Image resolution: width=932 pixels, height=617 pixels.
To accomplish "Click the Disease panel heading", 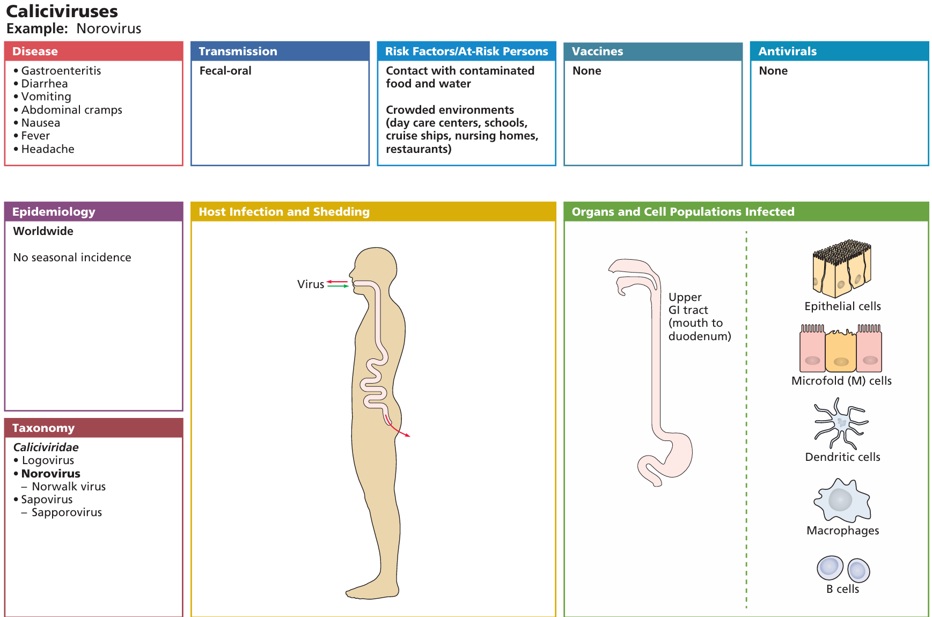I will tap(35, 52).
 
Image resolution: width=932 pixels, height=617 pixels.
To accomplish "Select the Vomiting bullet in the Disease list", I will tap(46, 97).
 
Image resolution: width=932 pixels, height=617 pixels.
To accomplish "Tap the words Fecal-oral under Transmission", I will tap(225, 71).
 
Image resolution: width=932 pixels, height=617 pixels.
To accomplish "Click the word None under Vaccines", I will tap(586, 71).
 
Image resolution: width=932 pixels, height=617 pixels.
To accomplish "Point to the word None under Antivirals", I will tap(773, 71).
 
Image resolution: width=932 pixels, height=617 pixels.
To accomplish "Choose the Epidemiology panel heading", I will tap(54, 212).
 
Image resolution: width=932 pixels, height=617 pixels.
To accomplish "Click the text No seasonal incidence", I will tap(72, 258).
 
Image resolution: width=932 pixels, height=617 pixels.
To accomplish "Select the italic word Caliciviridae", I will tap(46, 447).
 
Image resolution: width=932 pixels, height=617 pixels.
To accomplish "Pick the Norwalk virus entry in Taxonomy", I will tap(69, 487).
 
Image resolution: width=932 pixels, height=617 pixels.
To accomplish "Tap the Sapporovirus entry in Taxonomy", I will tap(67, 512).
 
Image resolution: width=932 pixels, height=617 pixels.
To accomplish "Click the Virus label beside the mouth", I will tap(311, 284).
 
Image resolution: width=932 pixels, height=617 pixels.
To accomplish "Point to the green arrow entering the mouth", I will tap(338, 287).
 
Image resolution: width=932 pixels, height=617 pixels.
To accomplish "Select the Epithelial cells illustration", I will tap(841, 268).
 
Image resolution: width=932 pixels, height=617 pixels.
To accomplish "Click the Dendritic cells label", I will tap(842, 457).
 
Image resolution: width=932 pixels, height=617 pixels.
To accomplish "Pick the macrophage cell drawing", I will tap(841, 500).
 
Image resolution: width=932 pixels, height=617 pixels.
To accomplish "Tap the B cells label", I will tap(842, 589).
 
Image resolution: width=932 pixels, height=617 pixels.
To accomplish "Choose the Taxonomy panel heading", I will tap(43, 428).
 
